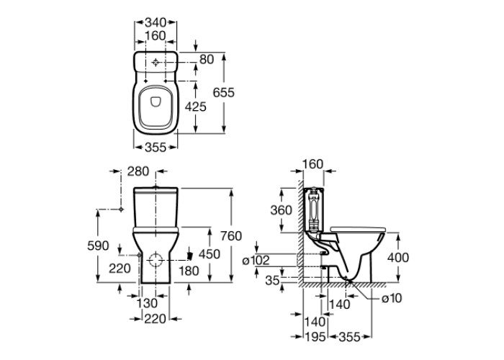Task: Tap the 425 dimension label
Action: [x=196, y=107]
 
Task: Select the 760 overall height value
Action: [x=231, y=236]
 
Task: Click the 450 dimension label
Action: [x=209, y=254]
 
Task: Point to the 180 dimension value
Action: [x=188, y=270]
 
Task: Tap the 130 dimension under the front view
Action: [x=146, y=303]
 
